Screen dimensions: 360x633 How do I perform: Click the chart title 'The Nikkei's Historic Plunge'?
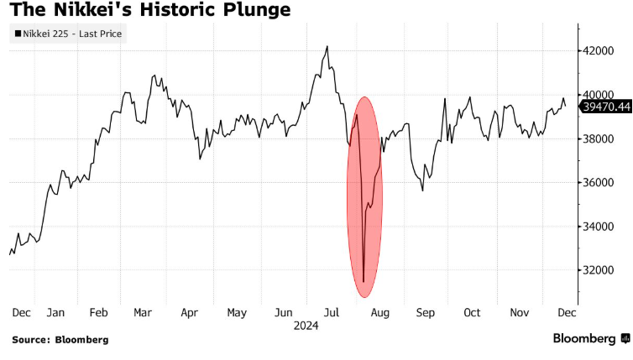[150, 11]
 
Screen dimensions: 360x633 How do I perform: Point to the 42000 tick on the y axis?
[600, 51]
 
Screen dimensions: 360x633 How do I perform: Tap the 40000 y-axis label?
[600, 95]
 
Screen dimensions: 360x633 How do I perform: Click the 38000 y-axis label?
[600, 138]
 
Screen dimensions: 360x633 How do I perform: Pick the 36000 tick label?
[600, 182]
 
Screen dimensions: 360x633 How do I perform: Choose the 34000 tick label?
[600, 227]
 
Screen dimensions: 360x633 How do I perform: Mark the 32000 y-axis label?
[600, 270]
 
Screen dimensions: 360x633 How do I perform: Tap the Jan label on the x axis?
[56, 312]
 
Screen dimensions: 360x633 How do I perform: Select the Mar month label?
[143, 312]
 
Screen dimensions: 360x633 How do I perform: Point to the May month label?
[237, 312]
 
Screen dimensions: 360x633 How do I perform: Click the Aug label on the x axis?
[380, 312]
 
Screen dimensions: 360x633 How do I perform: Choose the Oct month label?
[472, 312]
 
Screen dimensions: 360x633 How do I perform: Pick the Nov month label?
[520, 312]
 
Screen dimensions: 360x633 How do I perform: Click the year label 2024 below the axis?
[306, 324]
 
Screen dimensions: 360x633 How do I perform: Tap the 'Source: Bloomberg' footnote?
[60, 340]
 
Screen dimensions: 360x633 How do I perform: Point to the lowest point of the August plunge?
[364, 282]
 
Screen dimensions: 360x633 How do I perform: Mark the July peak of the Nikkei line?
[327, 46]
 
